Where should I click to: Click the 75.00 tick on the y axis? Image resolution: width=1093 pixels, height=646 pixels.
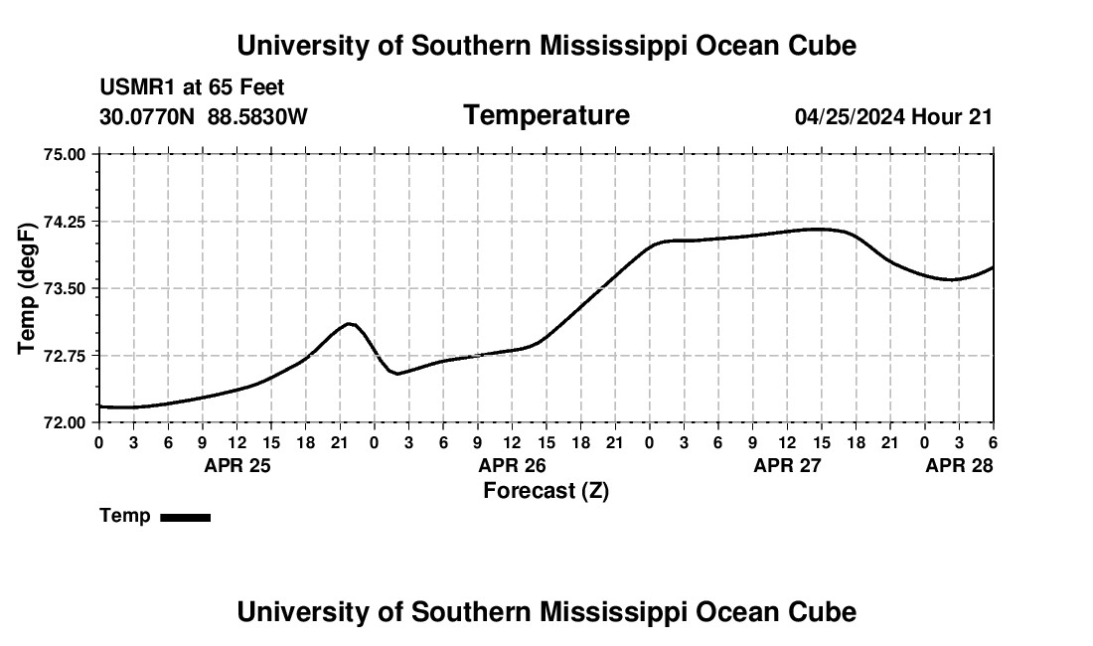point(65,154)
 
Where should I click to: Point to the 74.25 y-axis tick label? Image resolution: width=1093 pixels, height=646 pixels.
point(65,222)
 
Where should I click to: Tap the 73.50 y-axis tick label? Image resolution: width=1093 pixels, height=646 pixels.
point(65,288)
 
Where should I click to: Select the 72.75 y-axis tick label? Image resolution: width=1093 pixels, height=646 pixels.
point(65,356)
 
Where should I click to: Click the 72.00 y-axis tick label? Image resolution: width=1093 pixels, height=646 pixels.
point(65,422)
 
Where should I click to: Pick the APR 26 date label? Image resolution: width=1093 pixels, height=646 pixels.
point(513,465)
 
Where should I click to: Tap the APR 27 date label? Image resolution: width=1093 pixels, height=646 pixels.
point(787,465)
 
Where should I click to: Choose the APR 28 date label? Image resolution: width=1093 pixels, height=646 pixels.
point(959,465)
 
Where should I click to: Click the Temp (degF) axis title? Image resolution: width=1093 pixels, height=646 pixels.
point(28,289)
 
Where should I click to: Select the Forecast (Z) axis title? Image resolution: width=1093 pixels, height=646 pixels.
point(546,491)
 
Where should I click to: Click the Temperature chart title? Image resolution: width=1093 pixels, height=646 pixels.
point(546,116)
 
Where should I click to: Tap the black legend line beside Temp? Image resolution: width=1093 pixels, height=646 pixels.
point(185,517)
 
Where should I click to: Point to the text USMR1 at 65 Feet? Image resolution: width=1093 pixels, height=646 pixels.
point(192,88)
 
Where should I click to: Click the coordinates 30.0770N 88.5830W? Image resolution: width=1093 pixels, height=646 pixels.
point(204,117)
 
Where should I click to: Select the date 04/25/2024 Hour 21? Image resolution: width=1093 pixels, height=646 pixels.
point(893,117)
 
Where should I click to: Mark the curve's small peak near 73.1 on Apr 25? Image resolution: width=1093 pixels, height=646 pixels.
point(349,323)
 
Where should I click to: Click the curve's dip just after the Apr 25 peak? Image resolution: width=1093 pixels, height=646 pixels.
point(396,374)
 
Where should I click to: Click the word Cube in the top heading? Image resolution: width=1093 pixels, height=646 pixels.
point(821,46)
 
